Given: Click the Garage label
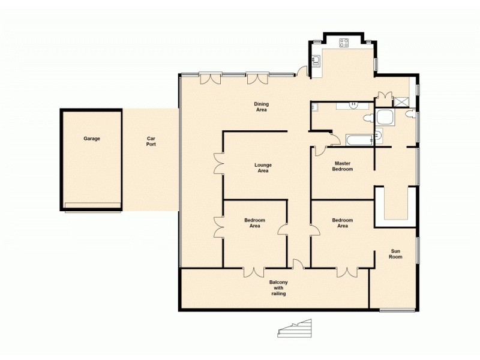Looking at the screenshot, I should [92, 139].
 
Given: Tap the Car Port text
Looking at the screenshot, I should [151, 142].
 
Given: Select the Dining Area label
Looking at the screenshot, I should [262, 107].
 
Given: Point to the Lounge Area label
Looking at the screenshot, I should [262, 168].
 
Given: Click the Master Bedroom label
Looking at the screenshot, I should [343, 166].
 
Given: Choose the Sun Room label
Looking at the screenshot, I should [395, 254].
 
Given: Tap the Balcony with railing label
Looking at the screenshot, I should [278, 288].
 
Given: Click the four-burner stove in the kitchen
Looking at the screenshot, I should [344, 43].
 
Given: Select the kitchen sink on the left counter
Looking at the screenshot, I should [315, 59].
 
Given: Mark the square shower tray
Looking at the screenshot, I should [385, 117].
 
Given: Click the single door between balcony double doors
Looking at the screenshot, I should [296, 263].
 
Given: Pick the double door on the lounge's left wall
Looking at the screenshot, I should [218, 164].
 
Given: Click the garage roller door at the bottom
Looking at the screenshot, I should [92, 206].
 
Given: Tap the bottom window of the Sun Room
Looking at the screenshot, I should [397, 310].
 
